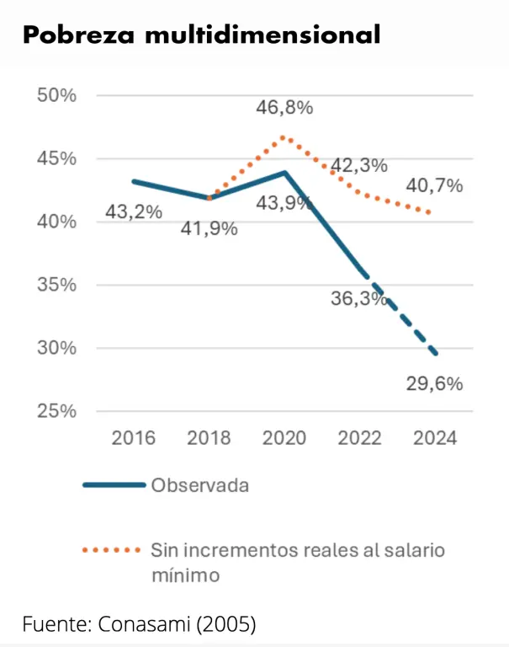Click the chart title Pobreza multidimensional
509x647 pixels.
201,35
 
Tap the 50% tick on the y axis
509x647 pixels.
57,95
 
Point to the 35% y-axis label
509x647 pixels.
57,285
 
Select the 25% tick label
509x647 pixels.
57,411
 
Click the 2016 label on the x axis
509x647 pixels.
134,439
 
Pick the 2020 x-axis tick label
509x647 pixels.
284,439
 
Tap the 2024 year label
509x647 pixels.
435,439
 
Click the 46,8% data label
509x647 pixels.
285,108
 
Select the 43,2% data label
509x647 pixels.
134,211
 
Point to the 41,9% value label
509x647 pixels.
209,228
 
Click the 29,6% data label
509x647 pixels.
435,384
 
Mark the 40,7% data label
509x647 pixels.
435,186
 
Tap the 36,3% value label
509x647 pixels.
360,299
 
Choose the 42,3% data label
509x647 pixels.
358,165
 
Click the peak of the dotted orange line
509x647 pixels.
284,136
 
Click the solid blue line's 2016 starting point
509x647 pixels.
134,181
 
